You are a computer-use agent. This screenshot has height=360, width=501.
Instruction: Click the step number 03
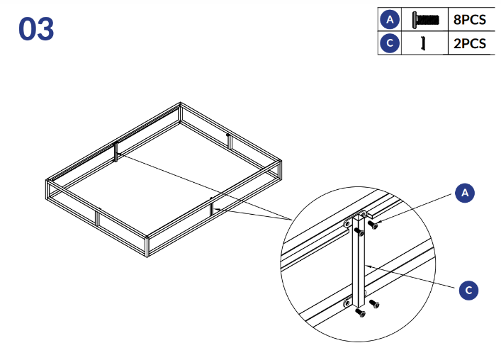[36, 29]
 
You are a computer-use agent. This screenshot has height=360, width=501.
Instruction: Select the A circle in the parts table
[390, 19]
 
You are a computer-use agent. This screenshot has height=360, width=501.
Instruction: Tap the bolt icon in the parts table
[425, 20]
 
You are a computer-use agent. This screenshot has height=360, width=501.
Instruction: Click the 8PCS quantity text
[470, 20]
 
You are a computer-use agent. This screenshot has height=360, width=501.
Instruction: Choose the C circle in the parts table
[390, 43]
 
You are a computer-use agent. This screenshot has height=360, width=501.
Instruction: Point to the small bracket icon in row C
[423, 43]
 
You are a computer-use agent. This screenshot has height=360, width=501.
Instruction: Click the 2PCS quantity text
[470, 43]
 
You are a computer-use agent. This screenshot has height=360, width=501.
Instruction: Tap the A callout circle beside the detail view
[465, 193]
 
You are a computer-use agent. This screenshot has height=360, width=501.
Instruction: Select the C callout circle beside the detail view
[468, 290]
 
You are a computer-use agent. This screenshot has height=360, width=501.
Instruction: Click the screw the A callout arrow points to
[373, 225]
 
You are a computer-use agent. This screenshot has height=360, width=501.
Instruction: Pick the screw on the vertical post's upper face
[359, 232]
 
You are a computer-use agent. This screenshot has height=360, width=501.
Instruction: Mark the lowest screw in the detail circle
[360, 313]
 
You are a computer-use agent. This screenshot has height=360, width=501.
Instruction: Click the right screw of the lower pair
[374, 303]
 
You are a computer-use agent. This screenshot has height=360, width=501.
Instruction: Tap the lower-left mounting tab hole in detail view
[347, 302]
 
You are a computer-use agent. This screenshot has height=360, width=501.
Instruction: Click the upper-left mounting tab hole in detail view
[347, 224]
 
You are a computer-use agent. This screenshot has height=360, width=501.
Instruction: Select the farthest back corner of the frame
[180, 103]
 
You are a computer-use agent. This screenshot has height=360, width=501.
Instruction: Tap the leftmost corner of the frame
[46, 181]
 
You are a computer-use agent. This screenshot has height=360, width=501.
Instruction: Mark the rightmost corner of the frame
[281, 161]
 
